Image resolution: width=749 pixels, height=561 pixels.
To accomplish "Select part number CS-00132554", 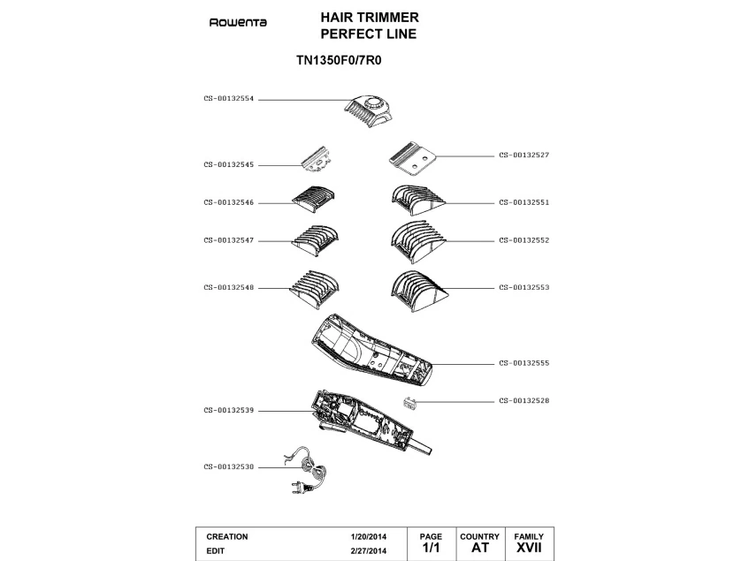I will click(x=229, y=100).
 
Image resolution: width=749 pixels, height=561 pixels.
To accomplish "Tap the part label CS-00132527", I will click(x=524, y=155).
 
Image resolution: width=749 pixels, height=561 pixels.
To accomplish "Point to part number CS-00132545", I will click(x=229, y=164).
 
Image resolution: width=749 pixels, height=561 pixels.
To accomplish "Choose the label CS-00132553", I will click(x=524, y=287).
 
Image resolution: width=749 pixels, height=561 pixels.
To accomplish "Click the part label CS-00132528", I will click(x=524, y=400).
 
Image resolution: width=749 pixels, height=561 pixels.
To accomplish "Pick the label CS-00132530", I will click(x=229, y=466).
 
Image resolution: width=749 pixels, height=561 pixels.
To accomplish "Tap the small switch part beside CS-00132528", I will click(x=410, y=403).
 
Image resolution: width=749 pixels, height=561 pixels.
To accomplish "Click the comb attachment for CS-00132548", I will click(x=314, y=287).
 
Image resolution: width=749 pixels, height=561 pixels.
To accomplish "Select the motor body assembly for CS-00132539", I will click(x=363, y=424).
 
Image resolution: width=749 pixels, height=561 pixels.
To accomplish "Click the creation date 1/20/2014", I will click(x=369, y=537).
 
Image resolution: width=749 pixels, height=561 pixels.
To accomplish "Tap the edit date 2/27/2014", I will click(x=369, y=550).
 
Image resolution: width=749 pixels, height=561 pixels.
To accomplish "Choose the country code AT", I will click(x=479, y=549).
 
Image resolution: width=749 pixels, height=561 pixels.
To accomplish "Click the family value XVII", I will click(x=529, y=549).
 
